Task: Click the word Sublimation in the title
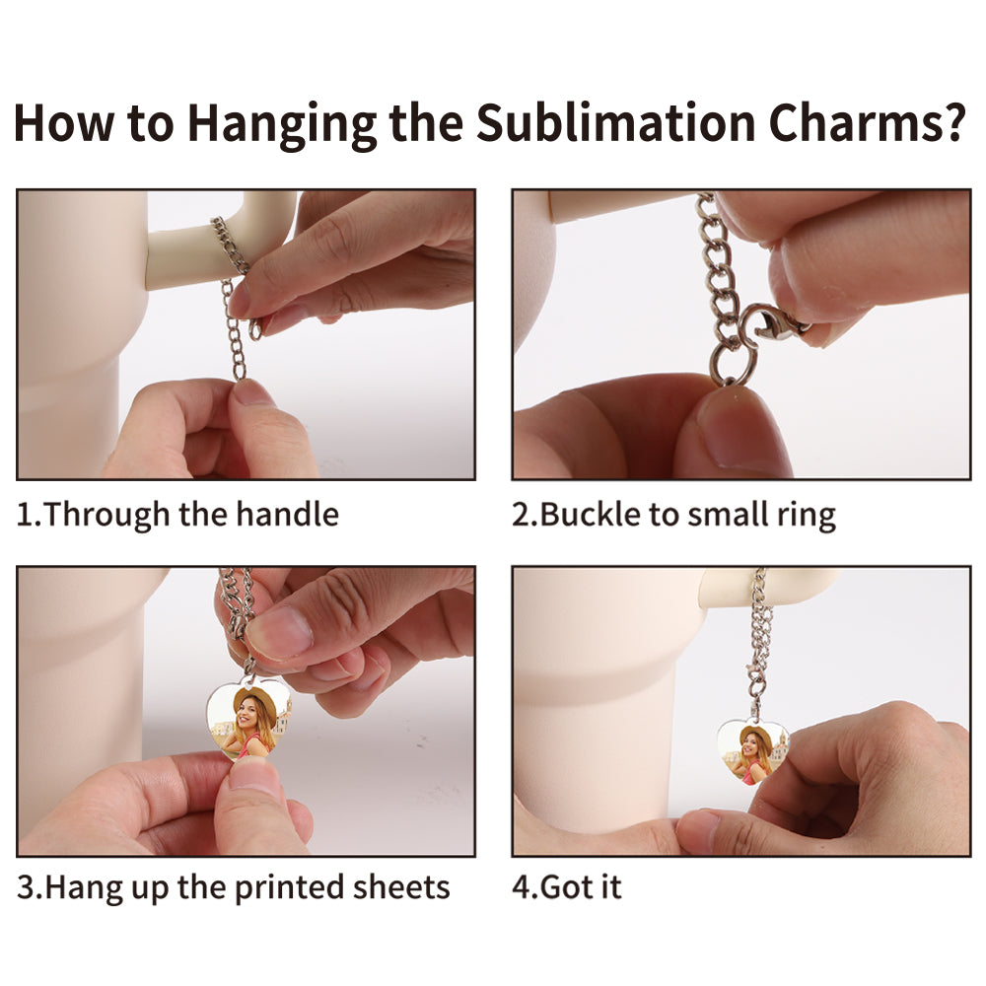[x=615, y=122]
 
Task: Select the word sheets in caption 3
[x=400, y=887]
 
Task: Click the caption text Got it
[x=581, y=887]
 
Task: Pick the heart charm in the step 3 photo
[x=247, y=719]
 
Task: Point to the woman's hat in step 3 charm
[x=255, y=701]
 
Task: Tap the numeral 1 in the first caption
[x=24, y=514]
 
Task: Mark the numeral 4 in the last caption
[x=522, y=887]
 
